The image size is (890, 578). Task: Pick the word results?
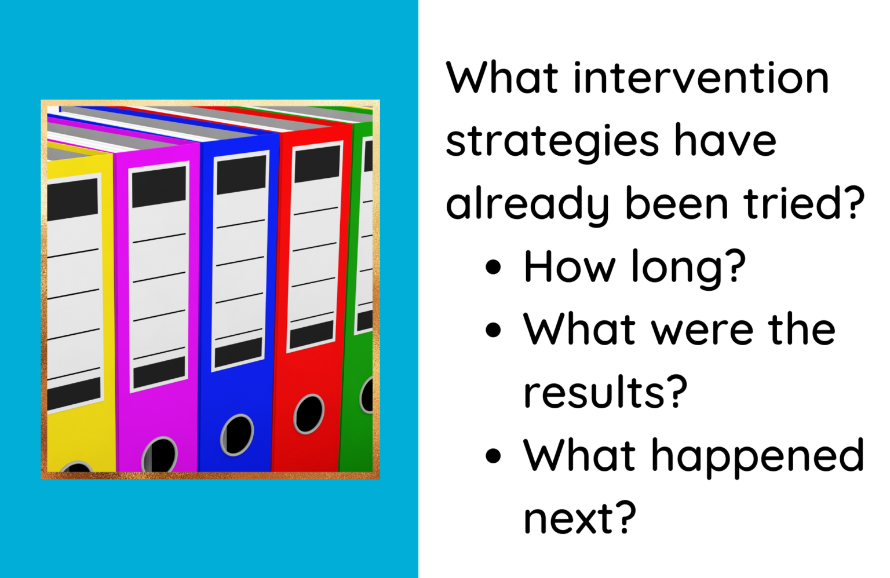(x=605, y=393)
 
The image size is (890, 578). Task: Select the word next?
(x=579, y=518)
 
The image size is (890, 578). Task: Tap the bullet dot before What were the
(x=493, y=330)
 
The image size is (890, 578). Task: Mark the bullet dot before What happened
(x=493, y=456)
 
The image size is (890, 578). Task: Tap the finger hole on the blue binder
(x=237, y=434)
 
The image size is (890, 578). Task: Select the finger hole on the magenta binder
(x=161, y=455)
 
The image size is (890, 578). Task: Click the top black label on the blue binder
(x=241, y=174)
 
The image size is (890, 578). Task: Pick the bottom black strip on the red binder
(x=312, y=334)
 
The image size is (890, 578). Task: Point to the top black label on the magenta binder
(x=159, y=186)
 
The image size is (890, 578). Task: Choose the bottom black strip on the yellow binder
(x=74, y=394)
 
